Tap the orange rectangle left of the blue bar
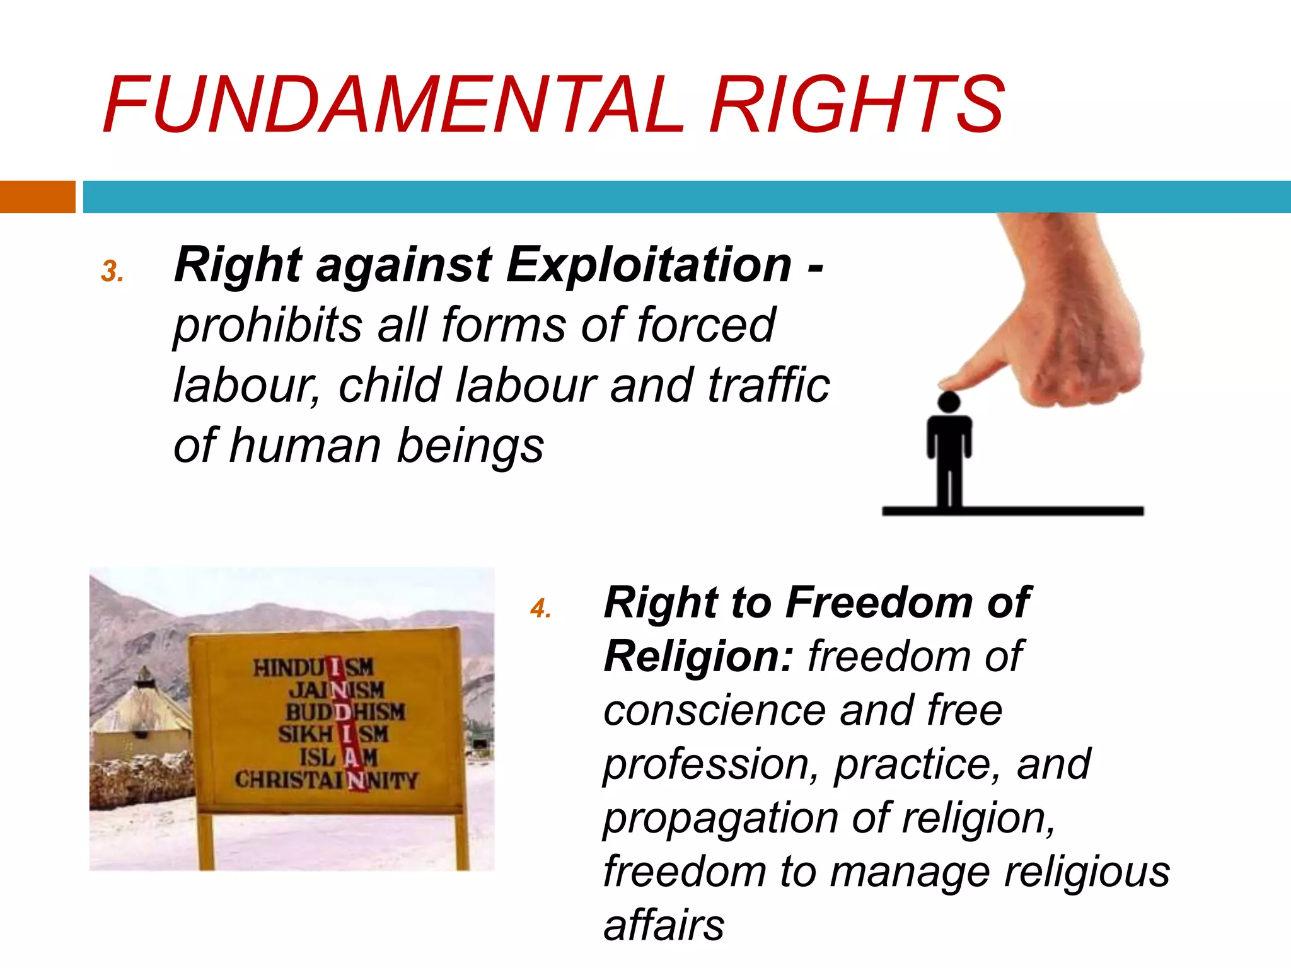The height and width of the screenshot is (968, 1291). click(x=37, y=197)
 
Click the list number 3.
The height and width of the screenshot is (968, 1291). click(x=112, y=271)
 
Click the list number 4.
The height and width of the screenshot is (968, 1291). click(x=540, y=609)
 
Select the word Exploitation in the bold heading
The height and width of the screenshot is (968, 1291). click(x=649, y=265)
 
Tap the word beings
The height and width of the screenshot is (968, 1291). click(x=470, y=446)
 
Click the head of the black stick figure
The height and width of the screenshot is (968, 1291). click(x=949, y=402)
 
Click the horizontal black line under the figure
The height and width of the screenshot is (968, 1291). click(x=1012, y=510)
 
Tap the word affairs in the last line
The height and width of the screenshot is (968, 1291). click(x=664, y=925)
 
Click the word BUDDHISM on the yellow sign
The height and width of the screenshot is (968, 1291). click(x=345, y=712)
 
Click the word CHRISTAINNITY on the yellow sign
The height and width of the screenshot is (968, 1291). click(x=326, y=780)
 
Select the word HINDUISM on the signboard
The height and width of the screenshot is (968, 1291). click(x=313, y=667)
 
